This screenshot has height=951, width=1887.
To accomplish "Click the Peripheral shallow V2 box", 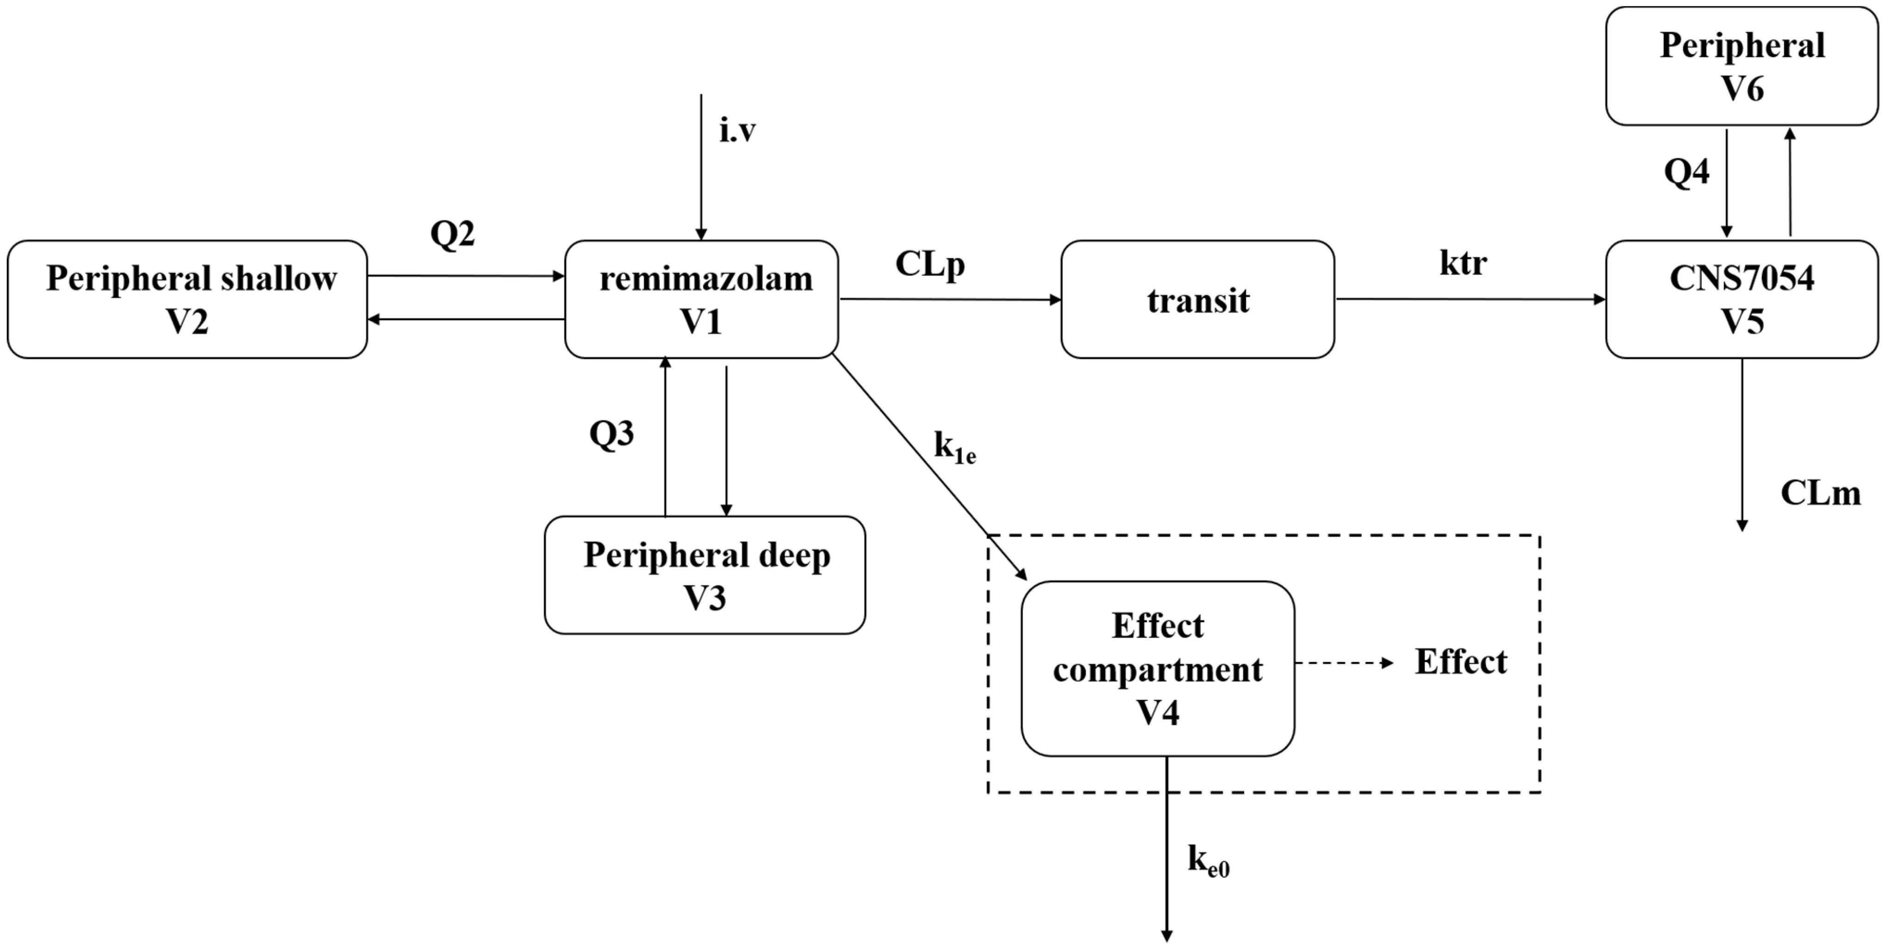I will point(188,299).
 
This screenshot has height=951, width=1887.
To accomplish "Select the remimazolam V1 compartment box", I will point(701,299).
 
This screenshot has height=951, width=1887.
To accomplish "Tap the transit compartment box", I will point(1197,299).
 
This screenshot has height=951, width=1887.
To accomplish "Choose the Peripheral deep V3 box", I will point(705,575).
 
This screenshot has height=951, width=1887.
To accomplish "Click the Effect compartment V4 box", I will point(1157,668).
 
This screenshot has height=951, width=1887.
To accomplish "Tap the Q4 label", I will point(1686,171).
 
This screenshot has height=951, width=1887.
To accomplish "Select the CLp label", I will point(929,264).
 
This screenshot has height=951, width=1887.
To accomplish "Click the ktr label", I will point(1463,263).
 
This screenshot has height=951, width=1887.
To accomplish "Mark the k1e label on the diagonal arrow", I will point(954,446).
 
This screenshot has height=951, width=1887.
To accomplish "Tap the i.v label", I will point(737,131).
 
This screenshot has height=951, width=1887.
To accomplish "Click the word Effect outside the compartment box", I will point(1461,662).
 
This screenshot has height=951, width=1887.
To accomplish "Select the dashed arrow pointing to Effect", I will point(1344,663).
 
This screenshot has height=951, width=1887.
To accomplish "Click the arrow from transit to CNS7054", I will point(1469,299).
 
